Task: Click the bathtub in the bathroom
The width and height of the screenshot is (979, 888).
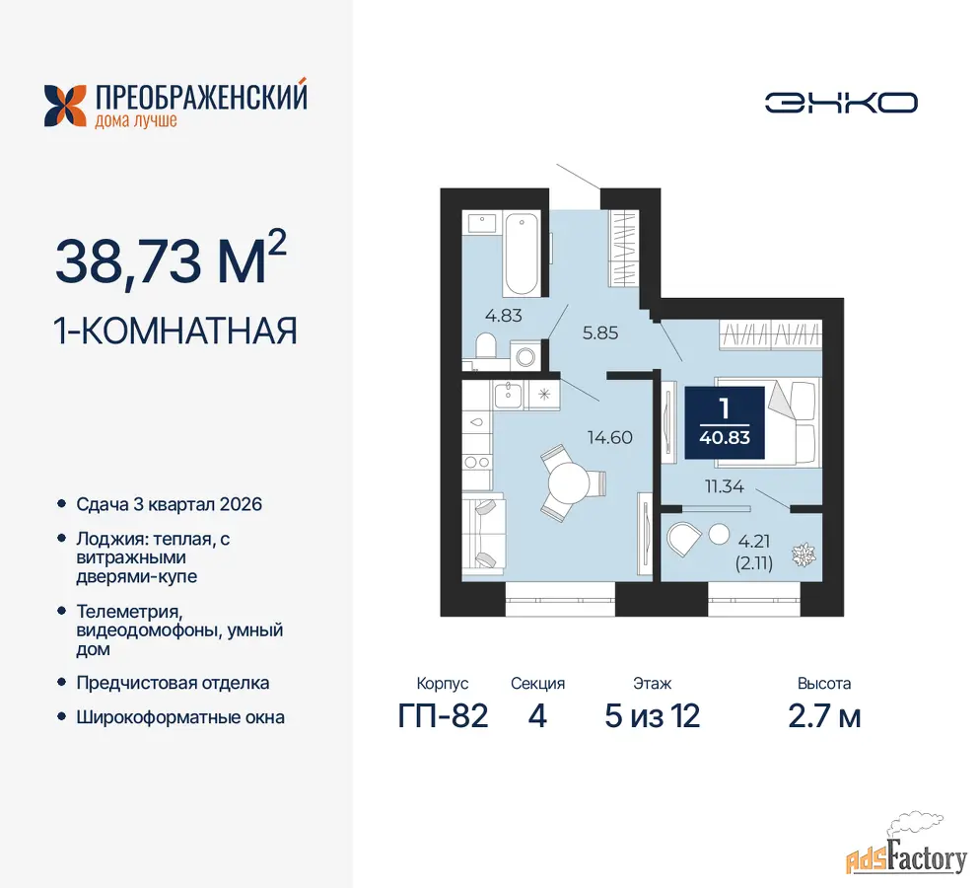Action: pos(522,254)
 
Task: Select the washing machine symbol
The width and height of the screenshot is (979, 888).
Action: pos(525,356)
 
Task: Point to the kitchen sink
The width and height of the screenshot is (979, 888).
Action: pos(508,395)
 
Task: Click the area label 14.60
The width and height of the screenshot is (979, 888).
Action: pos(610,437)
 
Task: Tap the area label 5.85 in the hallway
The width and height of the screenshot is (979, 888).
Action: pos(600,333)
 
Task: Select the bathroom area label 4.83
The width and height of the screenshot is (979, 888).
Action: pos(503,315)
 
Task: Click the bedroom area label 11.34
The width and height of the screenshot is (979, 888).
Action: pos(725,485)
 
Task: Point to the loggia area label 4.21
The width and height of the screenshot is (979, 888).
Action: pos(754,541)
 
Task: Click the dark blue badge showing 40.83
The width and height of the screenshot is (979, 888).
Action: pos(725,422)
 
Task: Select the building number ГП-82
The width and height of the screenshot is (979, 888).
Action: pos(444,716)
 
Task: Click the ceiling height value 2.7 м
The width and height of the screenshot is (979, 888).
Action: pos(825,716)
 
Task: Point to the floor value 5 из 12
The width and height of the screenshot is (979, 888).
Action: pos(653,716)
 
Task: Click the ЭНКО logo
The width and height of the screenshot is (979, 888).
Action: pos(841,103)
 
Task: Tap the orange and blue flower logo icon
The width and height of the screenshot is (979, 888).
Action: pos(65,106)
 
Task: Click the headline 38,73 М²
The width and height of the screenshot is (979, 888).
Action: pos(171,260)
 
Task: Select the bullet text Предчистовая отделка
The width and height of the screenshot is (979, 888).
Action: pos(173,683)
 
